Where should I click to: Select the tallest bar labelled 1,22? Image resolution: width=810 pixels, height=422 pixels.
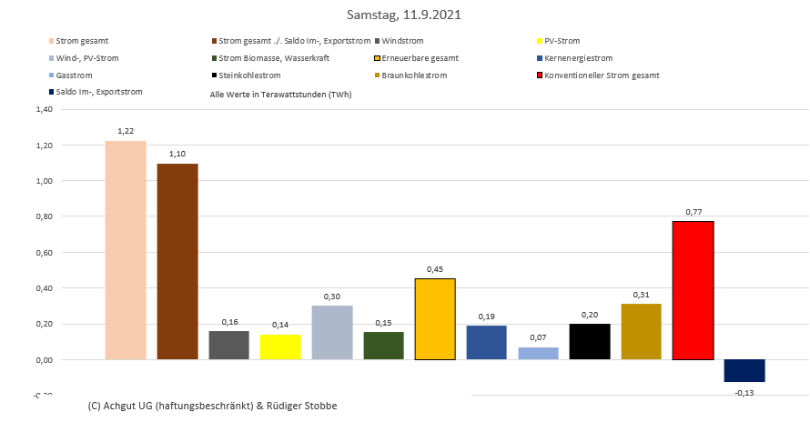(x=126, y=250)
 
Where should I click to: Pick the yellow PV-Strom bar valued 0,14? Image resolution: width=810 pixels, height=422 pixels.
(x=280, y=347)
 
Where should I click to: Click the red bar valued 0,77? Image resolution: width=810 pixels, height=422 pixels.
(x=693, y=290)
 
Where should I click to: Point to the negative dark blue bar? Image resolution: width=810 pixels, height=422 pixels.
(x=744, y=370)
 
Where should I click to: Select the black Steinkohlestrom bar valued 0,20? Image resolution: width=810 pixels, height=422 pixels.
(x=590, y=341)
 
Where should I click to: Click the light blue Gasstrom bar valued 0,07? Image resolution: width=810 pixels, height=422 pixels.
(x=538, y=353)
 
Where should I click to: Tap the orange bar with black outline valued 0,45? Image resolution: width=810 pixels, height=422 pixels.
(x=435, y=318)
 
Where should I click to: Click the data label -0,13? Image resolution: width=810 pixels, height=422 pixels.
(x=744, y=392)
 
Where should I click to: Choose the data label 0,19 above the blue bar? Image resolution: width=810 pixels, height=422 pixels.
(x=486, y=315)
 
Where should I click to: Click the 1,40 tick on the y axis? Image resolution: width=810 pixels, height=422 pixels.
(x=43, y=109)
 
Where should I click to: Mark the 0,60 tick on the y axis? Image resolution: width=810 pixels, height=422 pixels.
(x=43, y=252)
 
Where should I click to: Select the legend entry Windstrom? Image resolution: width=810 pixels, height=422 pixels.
(x=402, y=41)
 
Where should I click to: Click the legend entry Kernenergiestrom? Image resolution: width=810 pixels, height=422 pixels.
(x=581, y=58)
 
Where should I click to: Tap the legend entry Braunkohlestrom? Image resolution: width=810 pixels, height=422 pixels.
(x=414, y=75)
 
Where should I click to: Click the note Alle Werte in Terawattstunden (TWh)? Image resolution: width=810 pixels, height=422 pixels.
(x=280, y=94)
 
